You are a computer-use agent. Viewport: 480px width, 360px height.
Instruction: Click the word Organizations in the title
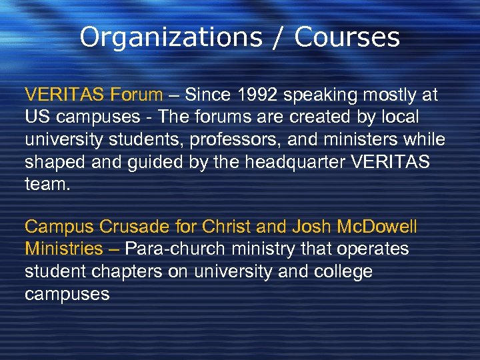point(170,37)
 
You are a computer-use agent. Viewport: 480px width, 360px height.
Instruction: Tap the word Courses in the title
point(347,37)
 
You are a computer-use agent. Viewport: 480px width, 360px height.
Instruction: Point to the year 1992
point(257,95)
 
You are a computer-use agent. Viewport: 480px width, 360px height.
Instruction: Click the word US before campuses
point(36,117)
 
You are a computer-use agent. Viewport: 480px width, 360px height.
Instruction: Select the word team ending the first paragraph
point(47,183)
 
